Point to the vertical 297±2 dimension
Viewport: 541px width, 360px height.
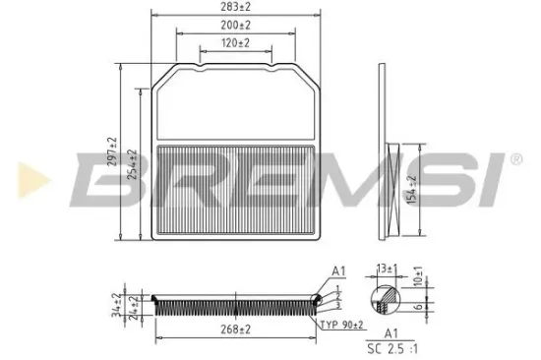pyautogui.click(x=112, y=153)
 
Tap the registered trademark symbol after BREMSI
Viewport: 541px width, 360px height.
pyautogui.click(x=515, y=156)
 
